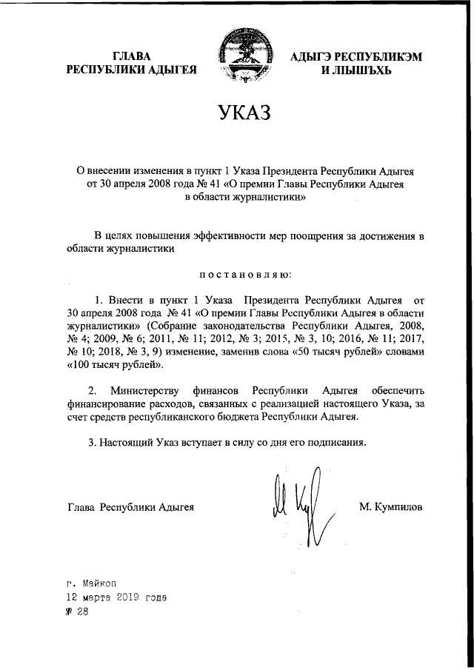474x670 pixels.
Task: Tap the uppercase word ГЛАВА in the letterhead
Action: click(x=132, y=56)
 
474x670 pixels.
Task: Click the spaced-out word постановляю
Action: click(x=246, y=275)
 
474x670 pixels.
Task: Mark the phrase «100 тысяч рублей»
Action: click(x=115, y=366)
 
